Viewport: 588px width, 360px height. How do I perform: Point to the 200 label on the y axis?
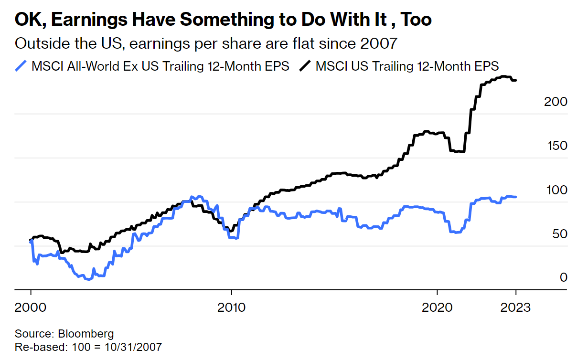point(556,102)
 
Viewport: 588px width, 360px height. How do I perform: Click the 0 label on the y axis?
point(563,278)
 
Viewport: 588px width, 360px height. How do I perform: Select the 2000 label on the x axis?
point(31,307)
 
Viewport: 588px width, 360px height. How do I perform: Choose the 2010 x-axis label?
point(231,307)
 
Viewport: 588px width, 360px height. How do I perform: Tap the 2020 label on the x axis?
point(437,307)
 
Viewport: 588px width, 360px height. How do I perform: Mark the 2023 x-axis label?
point(515,307)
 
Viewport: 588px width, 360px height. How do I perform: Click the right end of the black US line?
point(516,80)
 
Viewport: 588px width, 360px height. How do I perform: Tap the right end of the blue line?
point(516,197)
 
